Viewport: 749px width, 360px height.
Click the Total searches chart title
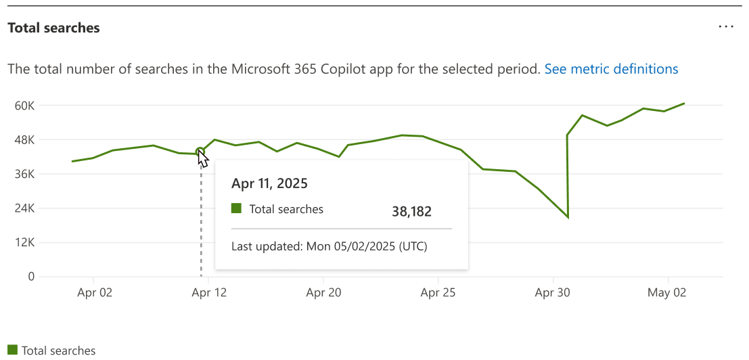pos(53,28)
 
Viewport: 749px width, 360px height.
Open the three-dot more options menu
pos(726,26)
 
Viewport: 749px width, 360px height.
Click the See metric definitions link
pos(611,69)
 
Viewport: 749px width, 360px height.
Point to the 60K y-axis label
pos(25,106)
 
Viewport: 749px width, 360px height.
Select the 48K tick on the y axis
pos(25,140)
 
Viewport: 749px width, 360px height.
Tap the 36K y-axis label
pos(25,174)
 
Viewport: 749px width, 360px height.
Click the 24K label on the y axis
pos(25,208)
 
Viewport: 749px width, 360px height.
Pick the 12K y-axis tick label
pos(25,242)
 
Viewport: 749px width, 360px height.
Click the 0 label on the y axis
pos(31,277)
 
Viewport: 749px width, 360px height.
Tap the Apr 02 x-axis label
pos(95,293)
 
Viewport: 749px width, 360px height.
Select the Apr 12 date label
pos(210,293)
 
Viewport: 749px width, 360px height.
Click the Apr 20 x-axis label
pos(324,293)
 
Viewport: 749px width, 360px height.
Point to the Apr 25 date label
pos(438,293)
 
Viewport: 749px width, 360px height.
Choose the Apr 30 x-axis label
pos(553,293)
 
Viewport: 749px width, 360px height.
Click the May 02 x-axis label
pos(668,293)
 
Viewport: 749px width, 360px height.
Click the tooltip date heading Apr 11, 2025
pos(269,183)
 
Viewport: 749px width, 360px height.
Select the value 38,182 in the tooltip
pos(411,211)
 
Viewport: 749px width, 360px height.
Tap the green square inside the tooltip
pos(236,208)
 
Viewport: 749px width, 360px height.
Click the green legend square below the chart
pos(12,350)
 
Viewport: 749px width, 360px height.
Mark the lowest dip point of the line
pos(568,217)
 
